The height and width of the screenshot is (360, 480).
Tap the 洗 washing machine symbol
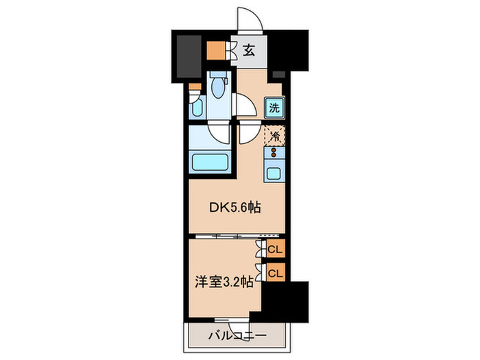[x=274, y=107]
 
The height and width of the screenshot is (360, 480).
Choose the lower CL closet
[x=275, y=272]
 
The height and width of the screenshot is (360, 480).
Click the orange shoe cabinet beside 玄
[x=215, y=51]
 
